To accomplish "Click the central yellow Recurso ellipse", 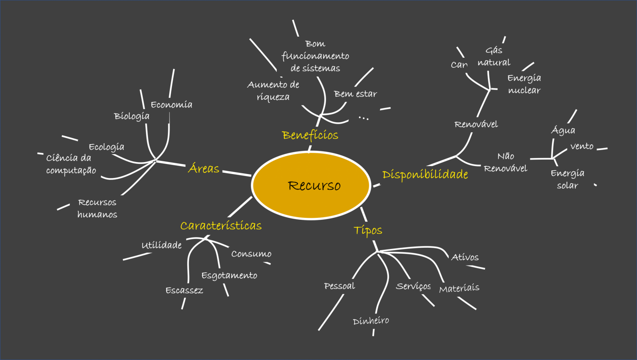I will click(x=312, y=185).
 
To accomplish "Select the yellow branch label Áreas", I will click(x=203, y=168).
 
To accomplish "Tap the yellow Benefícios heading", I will click(x=310, y=135).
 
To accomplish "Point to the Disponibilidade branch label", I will click(x=425, y=174).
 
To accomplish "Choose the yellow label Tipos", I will click(x=368, y=230).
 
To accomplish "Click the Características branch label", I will click(x=221, y=226).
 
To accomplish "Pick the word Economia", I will click(x=171, y=105).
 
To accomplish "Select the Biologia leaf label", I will click(x=132, y=116).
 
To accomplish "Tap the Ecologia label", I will click(x=106, y=147).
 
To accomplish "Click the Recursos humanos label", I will click(x=97, y=208).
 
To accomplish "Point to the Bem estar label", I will click(x=355, y=94).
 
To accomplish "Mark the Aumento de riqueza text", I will click(x=273, y=91).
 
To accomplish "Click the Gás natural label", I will click(x=494, y=57).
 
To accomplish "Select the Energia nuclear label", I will click(x=524, y=84).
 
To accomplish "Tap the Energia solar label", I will click(x=567, y=179).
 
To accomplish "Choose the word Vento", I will click(x=582, y=146).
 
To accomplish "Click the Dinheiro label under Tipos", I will click(x=371, y=321).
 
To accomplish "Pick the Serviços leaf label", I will click(x=413, y=286).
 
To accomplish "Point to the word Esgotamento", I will click(x=229, y=276).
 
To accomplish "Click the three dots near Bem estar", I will click(x=363, y=118).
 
